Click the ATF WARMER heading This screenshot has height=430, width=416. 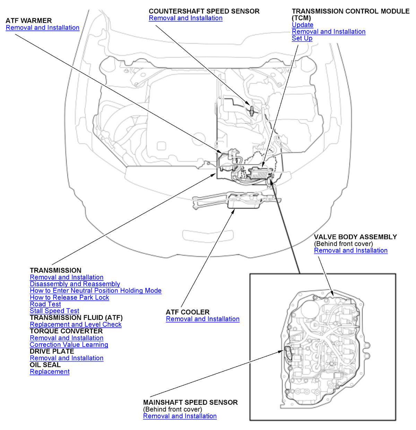click(x=29, y=21)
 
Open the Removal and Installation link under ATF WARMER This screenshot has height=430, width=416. click(x=43, y=28)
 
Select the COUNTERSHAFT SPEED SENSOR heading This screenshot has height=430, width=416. click(x=204, y=11)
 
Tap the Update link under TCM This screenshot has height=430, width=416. click(x=302, y=25)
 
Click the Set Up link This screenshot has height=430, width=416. click(x=302, y=38)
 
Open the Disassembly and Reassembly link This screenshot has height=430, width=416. click(x=75, y=284)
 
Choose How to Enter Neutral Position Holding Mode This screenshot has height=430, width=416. click(x=96, y=291)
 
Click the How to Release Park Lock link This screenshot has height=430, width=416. click(x=69, y=297)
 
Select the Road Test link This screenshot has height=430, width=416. click(x=45, y=304)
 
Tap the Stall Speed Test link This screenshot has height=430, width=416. click(x=54, y=311)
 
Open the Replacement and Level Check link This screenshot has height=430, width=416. click(x=76, y=324)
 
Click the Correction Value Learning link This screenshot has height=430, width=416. click(x=69, y=345)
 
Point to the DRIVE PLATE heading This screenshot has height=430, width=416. click(x=52, y=351)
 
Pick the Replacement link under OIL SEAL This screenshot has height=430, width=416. click(x=50, y=372)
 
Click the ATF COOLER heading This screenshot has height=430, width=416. click(x=188, y=312)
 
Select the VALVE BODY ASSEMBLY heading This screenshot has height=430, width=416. click(x=355, y=237)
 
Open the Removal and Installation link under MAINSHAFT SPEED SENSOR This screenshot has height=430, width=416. click(x=180, y=416)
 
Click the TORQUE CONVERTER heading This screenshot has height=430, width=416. click(x=66, y=331)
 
